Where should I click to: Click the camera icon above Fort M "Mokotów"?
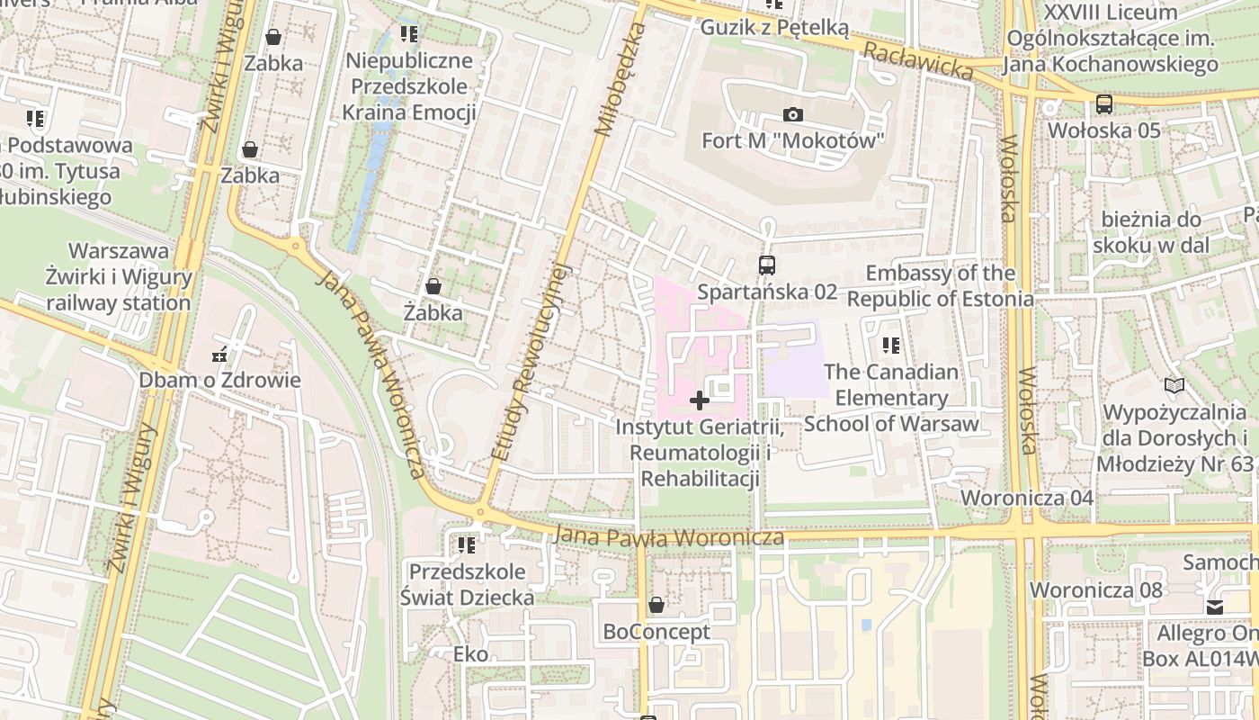(792, 114)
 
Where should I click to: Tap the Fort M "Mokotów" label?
(793, 140)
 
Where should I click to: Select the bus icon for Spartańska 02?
(766, 265)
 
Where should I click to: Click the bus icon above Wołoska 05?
(1104, 104)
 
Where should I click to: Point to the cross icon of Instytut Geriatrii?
(699, 400)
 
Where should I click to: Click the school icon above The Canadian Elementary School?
(891, 346)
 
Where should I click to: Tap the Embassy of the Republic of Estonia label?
(941, 286)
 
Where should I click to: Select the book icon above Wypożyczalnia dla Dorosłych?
(1174, 386)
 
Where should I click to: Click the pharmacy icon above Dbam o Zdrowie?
(219, 354)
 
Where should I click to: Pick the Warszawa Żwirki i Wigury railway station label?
(119, 277)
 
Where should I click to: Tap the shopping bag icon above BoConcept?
(656, 606)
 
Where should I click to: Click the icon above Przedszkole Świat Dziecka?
(466, 545)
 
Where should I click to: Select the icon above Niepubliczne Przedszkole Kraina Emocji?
(409, 35)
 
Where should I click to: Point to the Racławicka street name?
(918, 60)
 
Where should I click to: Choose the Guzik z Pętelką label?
(774, 28)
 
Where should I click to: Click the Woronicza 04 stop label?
(1027, 499)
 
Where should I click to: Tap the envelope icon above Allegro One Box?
(1215, 607)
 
